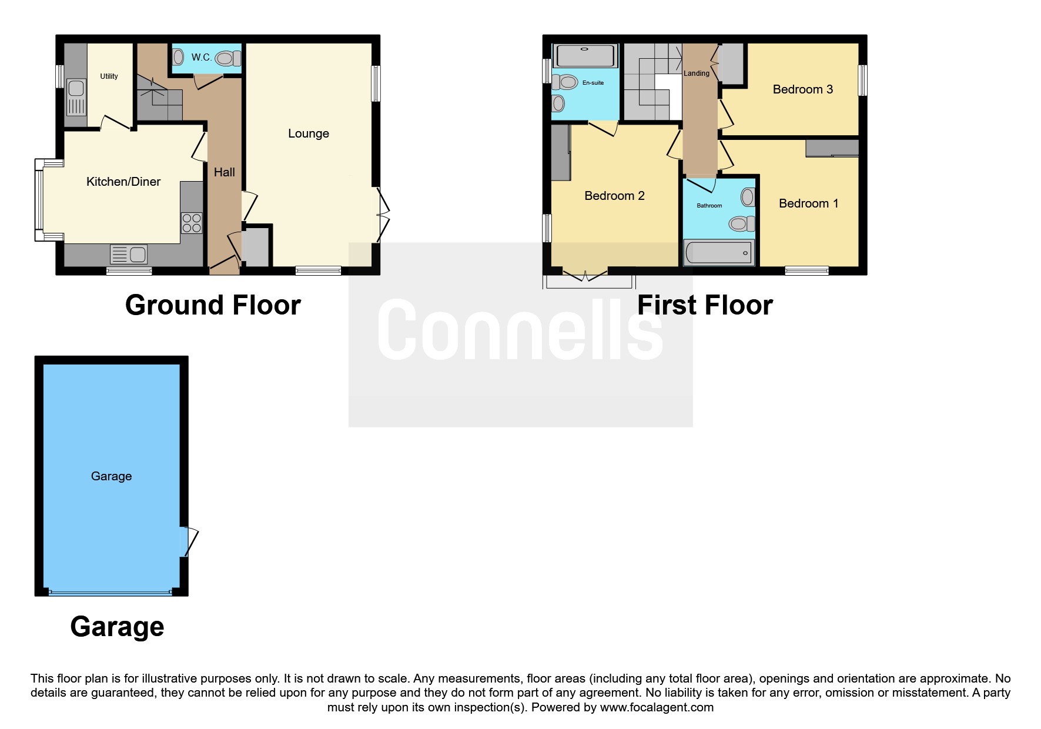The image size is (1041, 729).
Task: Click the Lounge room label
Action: point(309,133)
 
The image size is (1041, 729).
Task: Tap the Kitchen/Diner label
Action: point(123,182)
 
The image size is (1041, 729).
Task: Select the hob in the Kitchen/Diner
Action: point(192,223)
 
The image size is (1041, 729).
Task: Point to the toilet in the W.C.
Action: point(228,58)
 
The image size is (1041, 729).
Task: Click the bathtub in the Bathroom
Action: point(719,253)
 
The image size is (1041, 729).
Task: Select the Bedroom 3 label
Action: point(802,89)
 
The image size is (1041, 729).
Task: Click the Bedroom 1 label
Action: point(808,203)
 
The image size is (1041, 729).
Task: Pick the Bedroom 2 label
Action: point(614,196)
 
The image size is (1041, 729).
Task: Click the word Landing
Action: point(697,73)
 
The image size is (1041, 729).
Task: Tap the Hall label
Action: point(224,172)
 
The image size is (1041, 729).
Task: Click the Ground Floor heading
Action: point(213,305)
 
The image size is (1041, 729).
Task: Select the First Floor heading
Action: point(705,305)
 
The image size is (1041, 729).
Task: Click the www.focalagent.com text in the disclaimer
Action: point(657,707)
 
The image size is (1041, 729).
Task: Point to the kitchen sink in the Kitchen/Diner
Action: point(129,255)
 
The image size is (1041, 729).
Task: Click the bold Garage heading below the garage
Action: point(117,627)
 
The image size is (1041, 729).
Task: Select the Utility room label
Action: point(109,76)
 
